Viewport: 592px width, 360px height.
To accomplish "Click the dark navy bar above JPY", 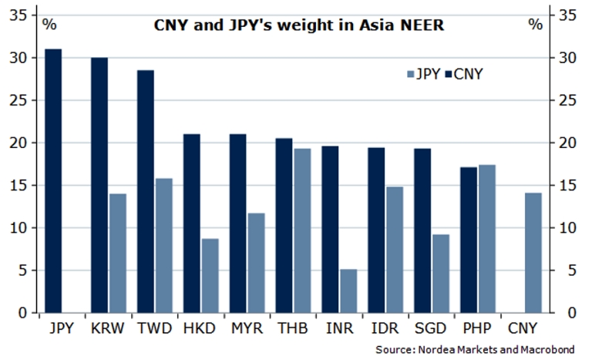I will [53, 180].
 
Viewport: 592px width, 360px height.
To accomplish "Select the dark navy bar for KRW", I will [99, 185].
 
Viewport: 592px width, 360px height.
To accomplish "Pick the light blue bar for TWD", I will [163, 245].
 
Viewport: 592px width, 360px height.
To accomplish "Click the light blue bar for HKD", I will [210, 275].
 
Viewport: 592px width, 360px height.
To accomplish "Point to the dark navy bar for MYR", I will [238, 223].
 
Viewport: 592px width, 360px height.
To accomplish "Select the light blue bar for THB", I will [302, 230].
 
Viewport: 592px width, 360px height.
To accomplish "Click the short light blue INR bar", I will [348, 291].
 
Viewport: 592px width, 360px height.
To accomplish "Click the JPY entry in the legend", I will [423, 75].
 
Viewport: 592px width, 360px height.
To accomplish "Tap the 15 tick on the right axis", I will [568, 185].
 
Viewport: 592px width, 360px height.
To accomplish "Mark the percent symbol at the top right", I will [535, 24].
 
